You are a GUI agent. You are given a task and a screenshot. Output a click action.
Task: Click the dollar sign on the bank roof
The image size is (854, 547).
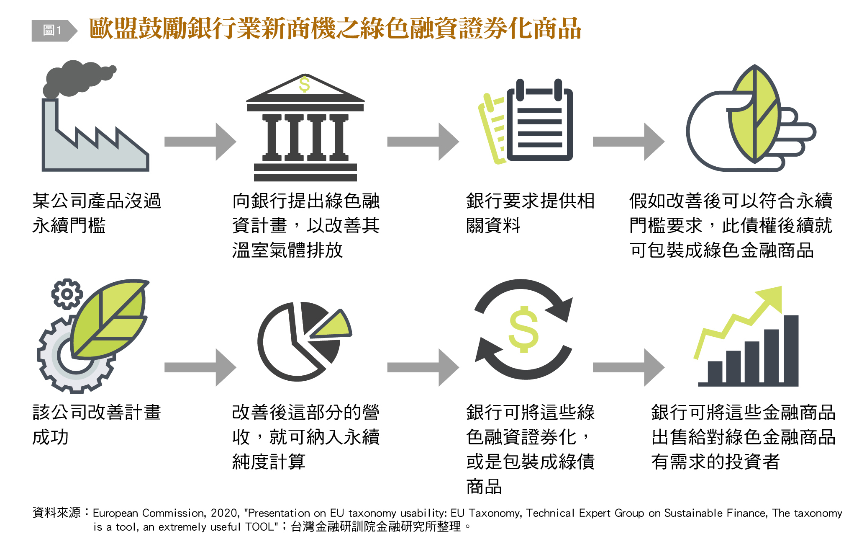pyautogui.click(x=305, y=85)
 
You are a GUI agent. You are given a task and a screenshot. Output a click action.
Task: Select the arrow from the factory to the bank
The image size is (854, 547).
pyautogui.click(x=200, y=142)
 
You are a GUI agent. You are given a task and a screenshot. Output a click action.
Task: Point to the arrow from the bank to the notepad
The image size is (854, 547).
pyautogui.click(x=423, y=142)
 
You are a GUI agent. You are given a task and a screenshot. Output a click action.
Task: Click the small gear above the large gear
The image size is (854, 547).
pyautogui.click(x=67, y=294)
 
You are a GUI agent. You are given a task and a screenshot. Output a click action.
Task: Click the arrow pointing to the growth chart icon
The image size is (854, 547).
pyautogui.click(x=628, y=367)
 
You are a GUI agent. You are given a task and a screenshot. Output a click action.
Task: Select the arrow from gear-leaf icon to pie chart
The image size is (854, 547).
pyautogui.click(x=200, y=367)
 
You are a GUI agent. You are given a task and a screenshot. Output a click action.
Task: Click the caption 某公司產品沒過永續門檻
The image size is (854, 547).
pyautogui.click(x=97, y=213)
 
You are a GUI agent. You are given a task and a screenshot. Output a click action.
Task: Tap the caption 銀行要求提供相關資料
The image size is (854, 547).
pyautogui.click(x=530, y=213)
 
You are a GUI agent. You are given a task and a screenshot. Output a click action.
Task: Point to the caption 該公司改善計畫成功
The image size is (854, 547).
pyautogui.click(x=97, y=424)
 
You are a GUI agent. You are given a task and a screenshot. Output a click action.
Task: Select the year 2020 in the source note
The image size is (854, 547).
pyautogui.click(x=224, y=513)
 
